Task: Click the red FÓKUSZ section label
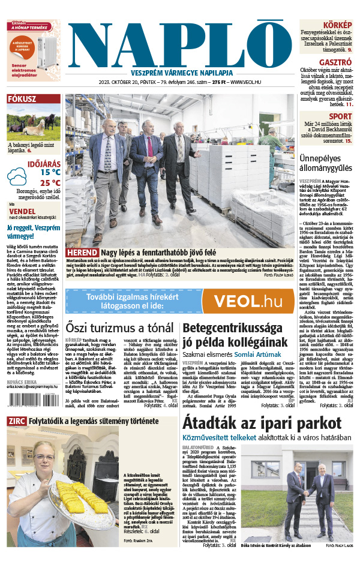[22, 100]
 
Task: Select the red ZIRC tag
[16, 421]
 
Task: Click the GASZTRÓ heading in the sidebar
[335, 61]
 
